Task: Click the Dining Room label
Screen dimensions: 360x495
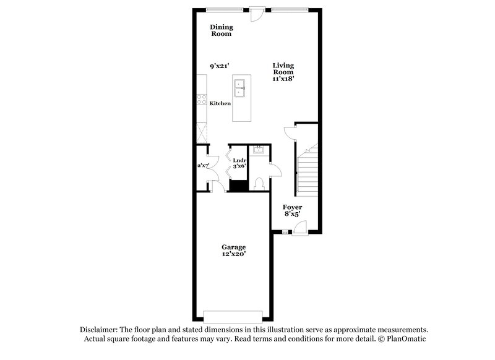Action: click(220, 30)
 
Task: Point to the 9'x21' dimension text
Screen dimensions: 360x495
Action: click(220, 66)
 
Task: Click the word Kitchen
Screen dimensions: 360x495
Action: click(220, 103)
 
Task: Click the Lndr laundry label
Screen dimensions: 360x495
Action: click(239, 160)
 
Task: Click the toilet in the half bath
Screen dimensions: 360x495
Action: click(259, 182)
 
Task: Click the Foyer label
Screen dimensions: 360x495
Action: click(292, 208)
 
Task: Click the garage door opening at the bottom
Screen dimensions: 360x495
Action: click(235, 313)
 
